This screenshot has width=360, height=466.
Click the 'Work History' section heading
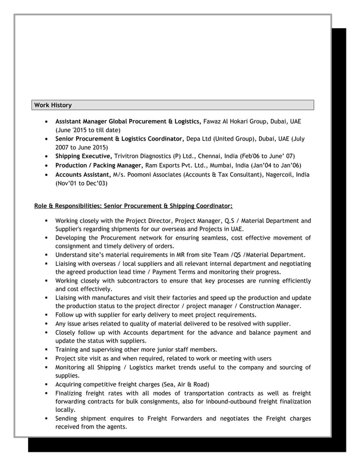pyautogui.click(x=53, y=105)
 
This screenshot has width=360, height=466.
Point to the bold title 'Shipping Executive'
pyautogui.click(x=83, y=156)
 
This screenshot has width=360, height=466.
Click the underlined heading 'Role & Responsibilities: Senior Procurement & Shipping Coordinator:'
pyautogui.click(x=133, y=205)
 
